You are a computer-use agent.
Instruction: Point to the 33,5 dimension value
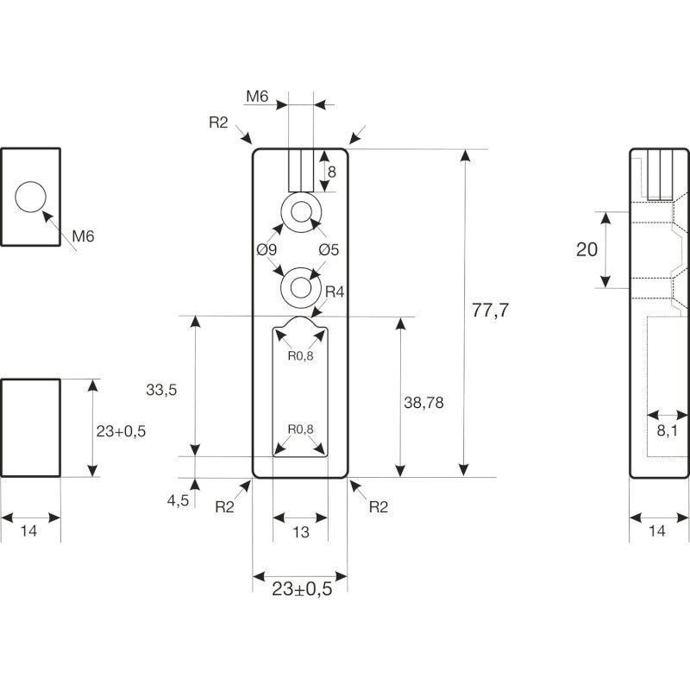pyautogui.click(x=161, y=390)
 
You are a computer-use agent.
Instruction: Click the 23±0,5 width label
pyautogui.click(x=302, y=589)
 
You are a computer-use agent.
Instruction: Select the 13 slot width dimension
pyautogui.click(x=300, y=533)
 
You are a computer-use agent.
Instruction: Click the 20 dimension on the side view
pyautogui.click(x=586, y=250)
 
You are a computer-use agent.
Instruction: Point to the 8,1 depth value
pyautogui.click(x=667, y=431)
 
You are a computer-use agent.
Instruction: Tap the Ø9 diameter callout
pyautogui.click(x=266, y=250)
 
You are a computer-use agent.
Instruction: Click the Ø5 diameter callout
pyautogui.click(x=328, y=250)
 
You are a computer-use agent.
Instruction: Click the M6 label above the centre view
pyautogui.click(x=256, y=97)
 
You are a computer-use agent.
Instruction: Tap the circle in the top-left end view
pyautogui.click(x=31, y=198)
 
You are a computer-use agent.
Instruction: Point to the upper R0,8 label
pyautogui.click(x=300, y=355)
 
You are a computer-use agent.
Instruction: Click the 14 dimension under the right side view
pyautogui.click(x=657, y=532)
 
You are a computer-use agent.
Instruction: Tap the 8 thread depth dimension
pyautogui.click(x=331, y=172)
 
